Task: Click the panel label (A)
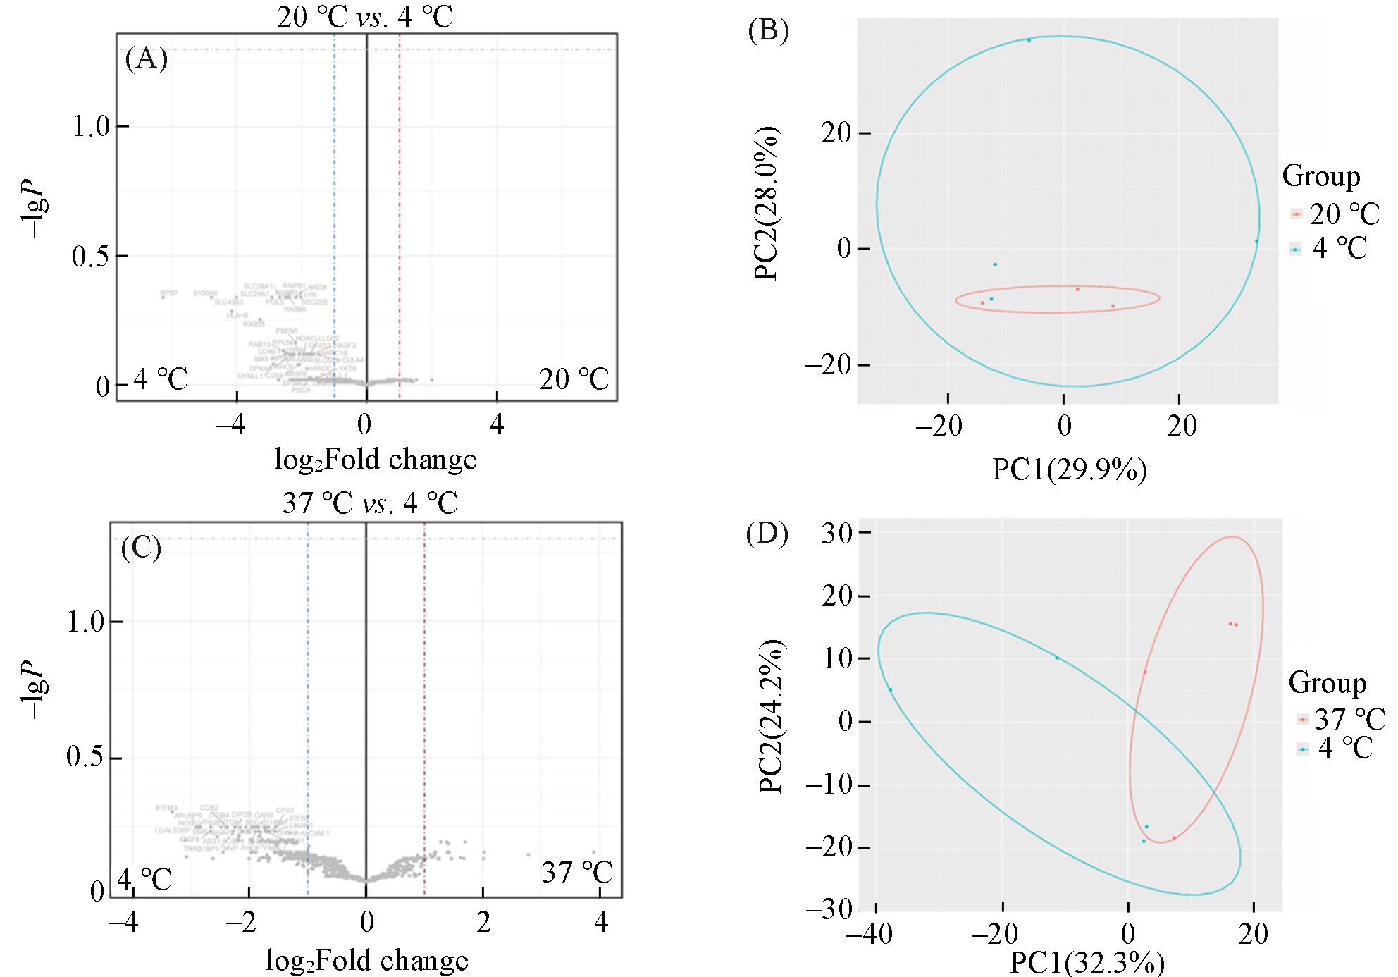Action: coord(146,59)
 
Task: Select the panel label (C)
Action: coord(141,548)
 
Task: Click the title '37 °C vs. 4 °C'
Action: coord(369,503)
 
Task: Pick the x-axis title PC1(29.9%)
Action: coord(1069,469)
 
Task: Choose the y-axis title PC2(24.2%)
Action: coord(774,715)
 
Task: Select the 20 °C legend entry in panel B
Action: coord(1334,214)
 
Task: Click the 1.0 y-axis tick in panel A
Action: coord(92,127)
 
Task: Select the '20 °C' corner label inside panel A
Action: coord(574,379)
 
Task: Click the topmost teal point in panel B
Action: coord(1029,40)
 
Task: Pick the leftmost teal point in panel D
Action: coord(890,689)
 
